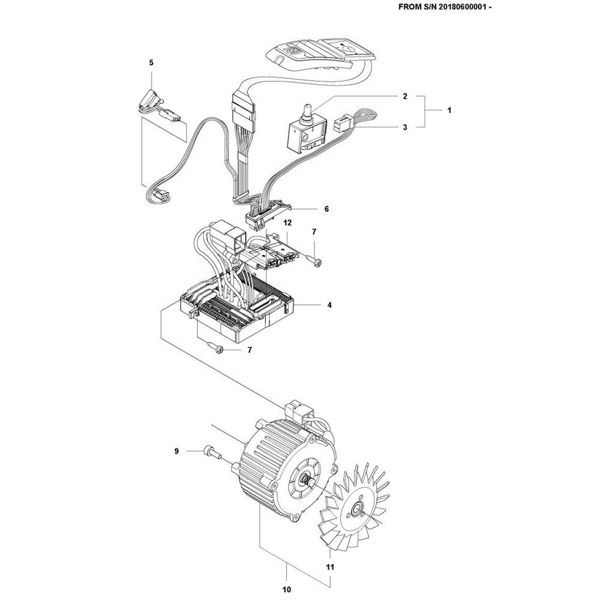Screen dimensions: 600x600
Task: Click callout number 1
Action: tap(450, 111)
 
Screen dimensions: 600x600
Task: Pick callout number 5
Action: tap(151, 62)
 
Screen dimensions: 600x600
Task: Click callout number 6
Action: tap(326, 209)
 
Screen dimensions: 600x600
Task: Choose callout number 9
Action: tap(176, 451)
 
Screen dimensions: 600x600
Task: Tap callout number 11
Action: tap(329, 566)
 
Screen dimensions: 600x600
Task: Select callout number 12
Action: tap(287, 223)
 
